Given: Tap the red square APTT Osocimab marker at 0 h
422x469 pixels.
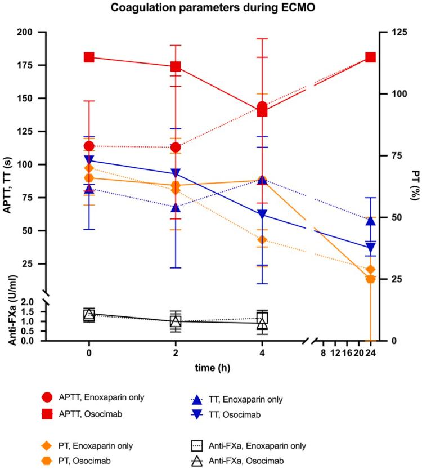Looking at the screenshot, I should click(89, 57).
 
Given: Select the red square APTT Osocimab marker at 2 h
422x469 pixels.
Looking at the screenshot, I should click(176, 66).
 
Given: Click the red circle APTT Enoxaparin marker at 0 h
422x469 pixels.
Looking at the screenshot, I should click(89, 146).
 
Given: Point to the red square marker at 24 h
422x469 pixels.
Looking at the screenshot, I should click(370, 57).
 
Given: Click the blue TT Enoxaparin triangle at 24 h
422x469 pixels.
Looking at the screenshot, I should click(370, 221).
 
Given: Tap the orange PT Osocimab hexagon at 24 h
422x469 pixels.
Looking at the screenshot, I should click(370, 279).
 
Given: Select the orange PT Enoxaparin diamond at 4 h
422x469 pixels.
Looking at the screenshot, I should click(262, 240).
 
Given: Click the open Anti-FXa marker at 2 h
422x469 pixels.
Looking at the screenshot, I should click(176, 321).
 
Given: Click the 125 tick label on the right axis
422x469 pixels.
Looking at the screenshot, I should click(394, 32).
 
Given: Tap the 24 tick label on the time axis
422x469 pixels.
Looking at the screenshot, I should click(370, 353).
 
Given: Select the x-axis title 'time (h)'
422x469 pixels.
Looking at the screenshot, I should click(210, 367).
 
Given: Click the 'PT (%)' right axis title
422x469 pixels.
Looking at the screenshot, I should click(415, 186).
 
